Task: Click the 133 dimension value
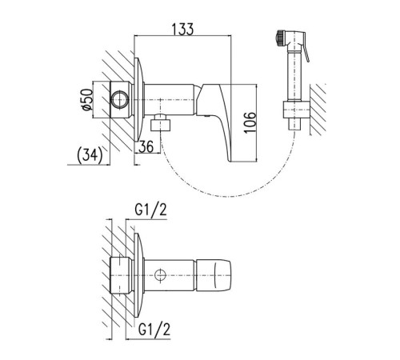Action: [182, 29]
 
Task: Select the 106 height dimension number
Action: [250, 122]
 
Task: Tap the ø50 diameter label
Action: [88, 99]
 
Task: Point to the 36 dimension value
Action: [146, 146]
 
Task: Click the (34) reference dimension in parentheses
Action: [90, 155]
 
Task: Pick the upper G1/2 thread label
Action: [150, 210]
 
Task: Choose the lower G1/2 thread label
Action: [154, 330]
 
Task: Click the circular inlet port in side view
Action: [120, 99]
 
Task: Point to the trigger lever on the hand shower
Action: [306, 53]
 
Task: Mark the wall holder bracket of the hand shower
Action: [297, 110]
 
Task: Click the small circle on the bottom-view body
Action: [160, 275]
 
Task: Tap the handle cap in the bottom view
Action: [214, 275]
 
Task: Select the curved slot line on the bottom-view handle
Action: [215, 275]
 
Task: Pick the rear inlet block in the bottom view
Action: [122, 274]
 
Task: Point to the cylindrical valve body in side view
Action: [169, 99]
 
